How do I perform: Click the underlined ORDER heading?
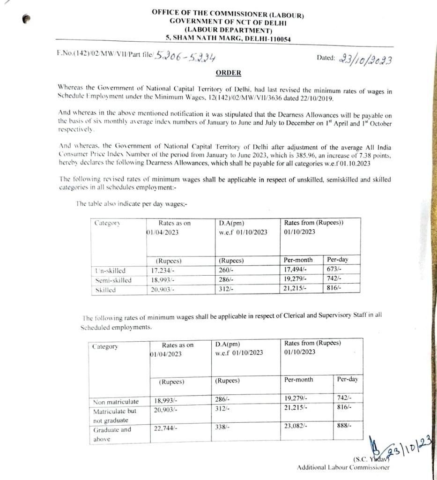pos(228,73)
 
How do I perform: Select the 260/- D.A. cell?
pos(226,270)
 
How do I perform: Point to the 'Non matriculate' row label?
pos(116,402)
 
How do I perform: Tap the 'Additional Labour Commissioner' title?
pos(343,467)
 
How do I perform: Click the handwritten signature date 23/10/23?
pos(412,446)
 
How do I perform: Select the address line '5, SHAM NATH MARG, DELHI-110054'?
pos(228,39)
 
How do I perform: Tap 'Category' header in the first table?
pos(107,223)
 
